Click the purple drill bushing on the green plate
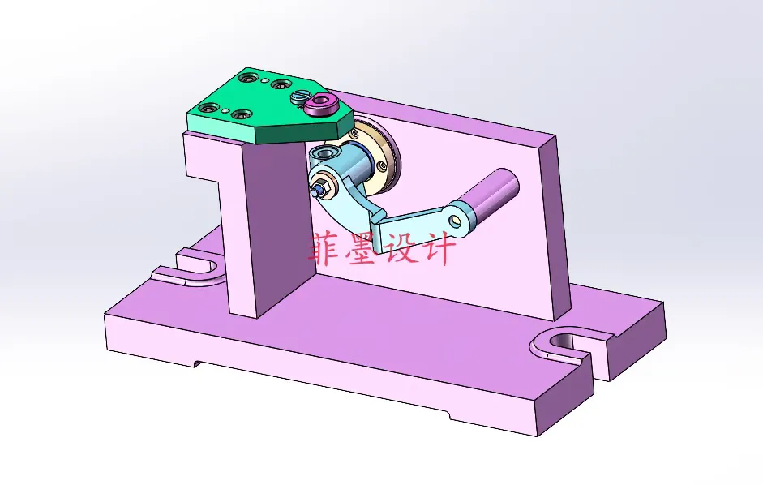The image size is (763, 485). pos(324,104)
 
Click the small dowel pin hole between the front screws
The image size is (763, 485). pos(226,111)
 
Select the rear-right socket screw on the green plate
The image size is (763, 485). pos(281,84)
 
